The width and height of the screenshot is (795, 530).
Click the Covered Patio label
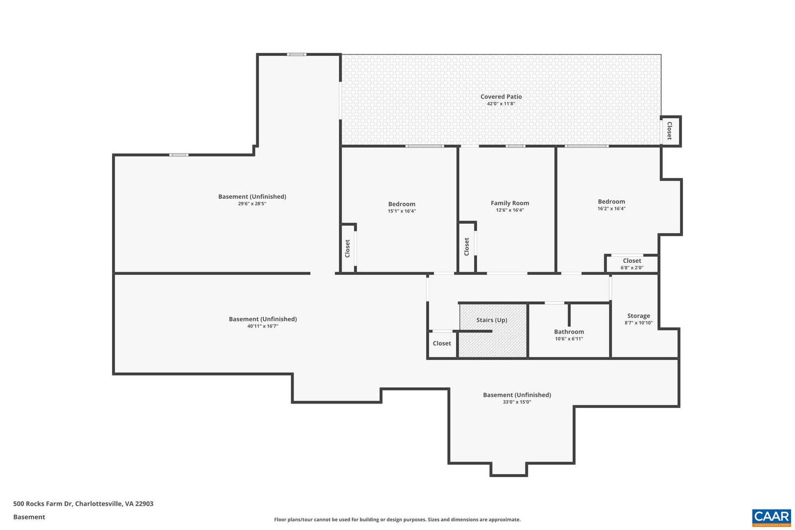click(501, 97)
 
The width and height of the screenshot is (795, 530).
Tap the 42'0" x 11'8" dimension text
click(501, 104)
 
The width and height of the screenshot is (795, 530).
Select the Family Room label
click(510, 203)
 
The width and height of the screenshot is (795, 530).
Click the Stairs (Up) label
click(491, 320)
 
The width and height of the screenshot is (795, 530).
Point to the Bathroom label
click(569, 332)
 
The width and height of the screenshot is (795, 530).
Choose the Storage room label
click(638, 316)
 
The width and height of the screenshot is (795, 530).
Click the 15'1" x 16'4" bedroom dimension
click(401, 211)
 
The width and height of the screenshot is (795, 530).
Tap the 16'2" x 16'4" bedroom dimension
click(611, 209)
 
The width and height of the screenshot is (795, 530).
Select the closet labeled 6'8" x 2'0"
click(632, 261)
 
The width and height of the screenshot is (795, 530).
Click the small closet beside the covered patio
click(670, 131)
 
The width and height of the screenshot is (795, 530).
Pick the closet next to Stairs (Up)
click(442, 343)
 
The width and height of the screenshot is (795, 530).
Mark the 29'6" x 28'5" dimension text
click(252, 204)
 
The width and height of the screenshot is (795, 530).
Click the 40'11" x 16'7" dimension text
click(262, 326)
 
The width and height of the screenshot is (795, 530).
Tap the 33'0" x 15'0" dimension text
click(517, 402)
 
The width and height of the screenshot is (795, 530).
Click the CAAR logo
click(771, 517)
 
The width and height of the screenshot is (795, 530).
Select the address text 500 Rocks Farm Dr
click(83, 504)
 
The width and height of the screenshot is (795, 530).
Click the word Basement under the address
click(29, 517)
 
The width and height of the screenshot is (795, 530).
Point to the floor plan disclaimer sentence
click(397, 520)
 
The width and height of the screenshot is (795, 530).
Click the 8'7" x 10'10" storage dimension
click(638, 323)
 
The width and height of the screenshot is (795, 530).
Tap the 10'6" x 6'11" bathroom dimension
click(569, 339)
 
